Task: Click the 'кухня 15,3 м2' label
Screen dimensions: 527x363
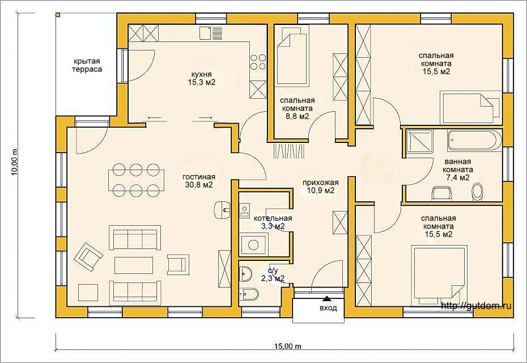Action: click(202, 78)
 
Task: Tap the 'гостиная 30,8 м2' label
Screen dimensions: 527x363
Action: click(199, 181)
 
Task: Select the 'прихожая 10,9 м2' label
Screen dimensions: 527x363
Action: click(320, 187)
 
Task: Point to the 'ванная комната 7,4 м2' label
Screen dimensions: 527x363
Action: click(458, 170)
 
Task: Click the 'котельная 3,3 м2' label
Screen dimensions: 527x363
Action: click(273, 222)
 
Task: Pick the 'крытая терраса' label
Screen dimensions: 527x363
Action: click(87, 65)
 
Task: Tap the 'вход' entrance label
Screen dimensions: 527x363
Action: click(328, 308)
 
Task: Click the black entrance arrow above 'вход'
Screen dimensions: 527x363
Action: click(326, 298)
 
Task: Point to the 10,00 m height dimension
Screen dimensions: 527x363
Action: click(15, 162)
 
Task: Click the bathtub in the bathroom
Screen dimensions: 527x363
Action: click(474, 140)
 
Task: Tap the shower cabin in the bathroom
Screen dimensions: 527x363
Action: click(416, 143)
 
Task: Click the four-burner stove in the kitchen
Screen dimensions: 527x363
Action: click(258, 62)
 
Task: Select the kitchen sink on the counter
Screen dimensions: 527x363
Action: click(211, 33)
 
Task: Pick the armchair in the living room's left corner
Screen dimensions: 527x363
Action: click(88, 257)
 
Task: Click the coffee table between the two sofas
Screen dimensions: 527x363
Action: click(134, 265)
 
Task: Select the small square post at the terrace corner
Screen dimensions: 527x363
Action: click(58, 15)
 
